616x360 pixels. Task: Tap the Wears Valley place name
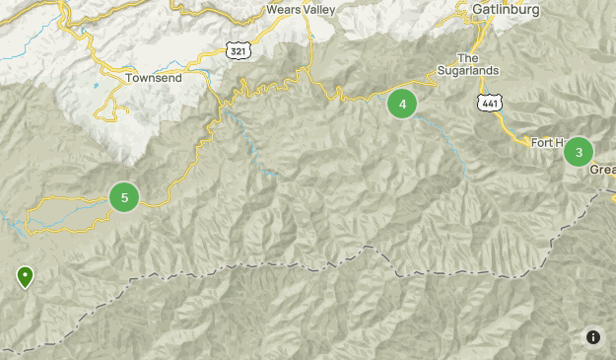click(301, 10)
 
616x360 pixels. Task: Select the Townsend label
click(154, 77)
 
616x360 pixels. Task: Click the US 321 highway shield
click(237, 49)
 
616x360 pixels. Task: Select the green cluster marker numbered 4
click(402, 104)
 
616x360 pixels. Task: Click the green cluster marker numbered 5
click(124, 197)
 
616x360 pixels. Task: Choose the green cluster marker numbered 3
click(579, 152)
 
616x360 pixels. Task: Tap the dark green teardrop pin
click(25, 276)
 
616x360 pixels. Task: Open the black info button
click(593, 337)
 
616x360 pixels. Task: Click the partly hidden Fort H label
click(547, 142)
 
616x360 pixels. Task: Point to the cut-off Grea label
click(602, 170)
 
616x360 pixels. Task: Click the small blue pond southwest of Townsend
click(96, 87)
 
